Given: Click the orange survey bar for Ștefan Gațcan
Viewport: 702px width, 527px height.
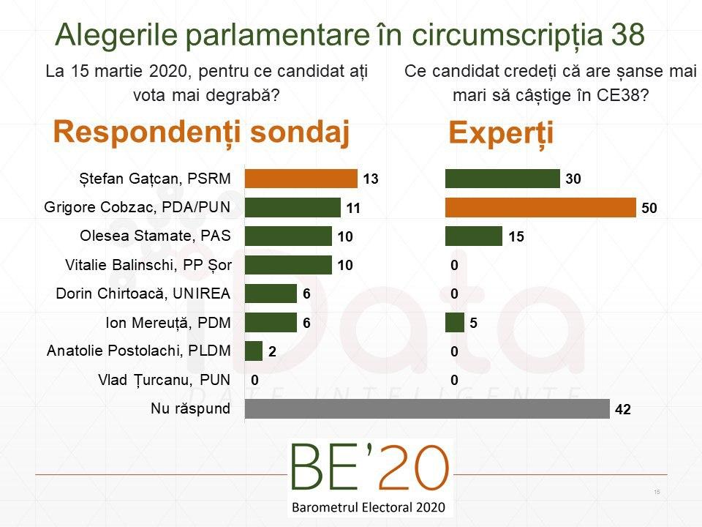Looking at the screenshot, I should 301,179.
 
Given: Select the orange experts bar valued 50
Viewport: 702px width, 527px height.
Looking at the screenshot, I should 540,207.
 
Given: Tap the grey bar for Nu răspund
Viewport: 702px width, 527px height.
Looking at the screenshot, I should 426,408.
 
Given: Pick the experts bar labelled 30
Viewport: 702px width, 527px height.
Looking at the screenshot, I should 502,179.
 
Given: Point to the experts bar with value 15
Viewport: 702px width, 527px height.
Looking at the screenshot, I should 474,236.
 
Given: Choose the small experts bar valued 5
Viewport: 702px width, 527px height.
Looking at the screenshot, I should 454,322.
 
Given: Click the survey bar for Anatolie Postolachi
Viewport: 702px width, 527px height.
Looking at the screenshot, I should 254,351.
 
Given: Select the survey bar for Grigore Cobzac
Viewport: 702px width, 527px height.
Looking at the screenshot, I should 292,207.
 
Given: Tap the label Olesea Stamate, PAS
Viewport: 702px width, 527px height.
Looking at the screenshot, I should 154,236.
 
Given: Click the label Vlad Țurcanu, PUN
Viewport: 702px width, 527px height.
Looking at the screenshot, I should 164,380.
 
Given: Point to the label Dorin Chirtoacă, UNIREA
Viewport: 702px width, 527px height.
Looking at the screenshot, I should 143,294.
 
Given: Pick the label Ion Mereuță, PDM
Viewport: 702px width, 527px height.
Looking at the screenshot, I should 168,322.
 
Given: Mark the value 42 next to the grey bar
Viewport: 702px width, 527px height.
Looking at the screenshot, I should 623,410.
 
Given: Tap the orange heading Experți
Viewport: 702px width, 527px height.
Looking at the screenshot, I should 501,133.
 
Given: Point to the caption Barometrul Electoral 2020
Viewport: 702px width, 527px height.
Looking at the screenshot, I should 370,507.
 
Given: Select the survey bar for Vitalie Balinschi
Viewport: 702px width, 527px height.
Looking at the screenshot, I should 288,265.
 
